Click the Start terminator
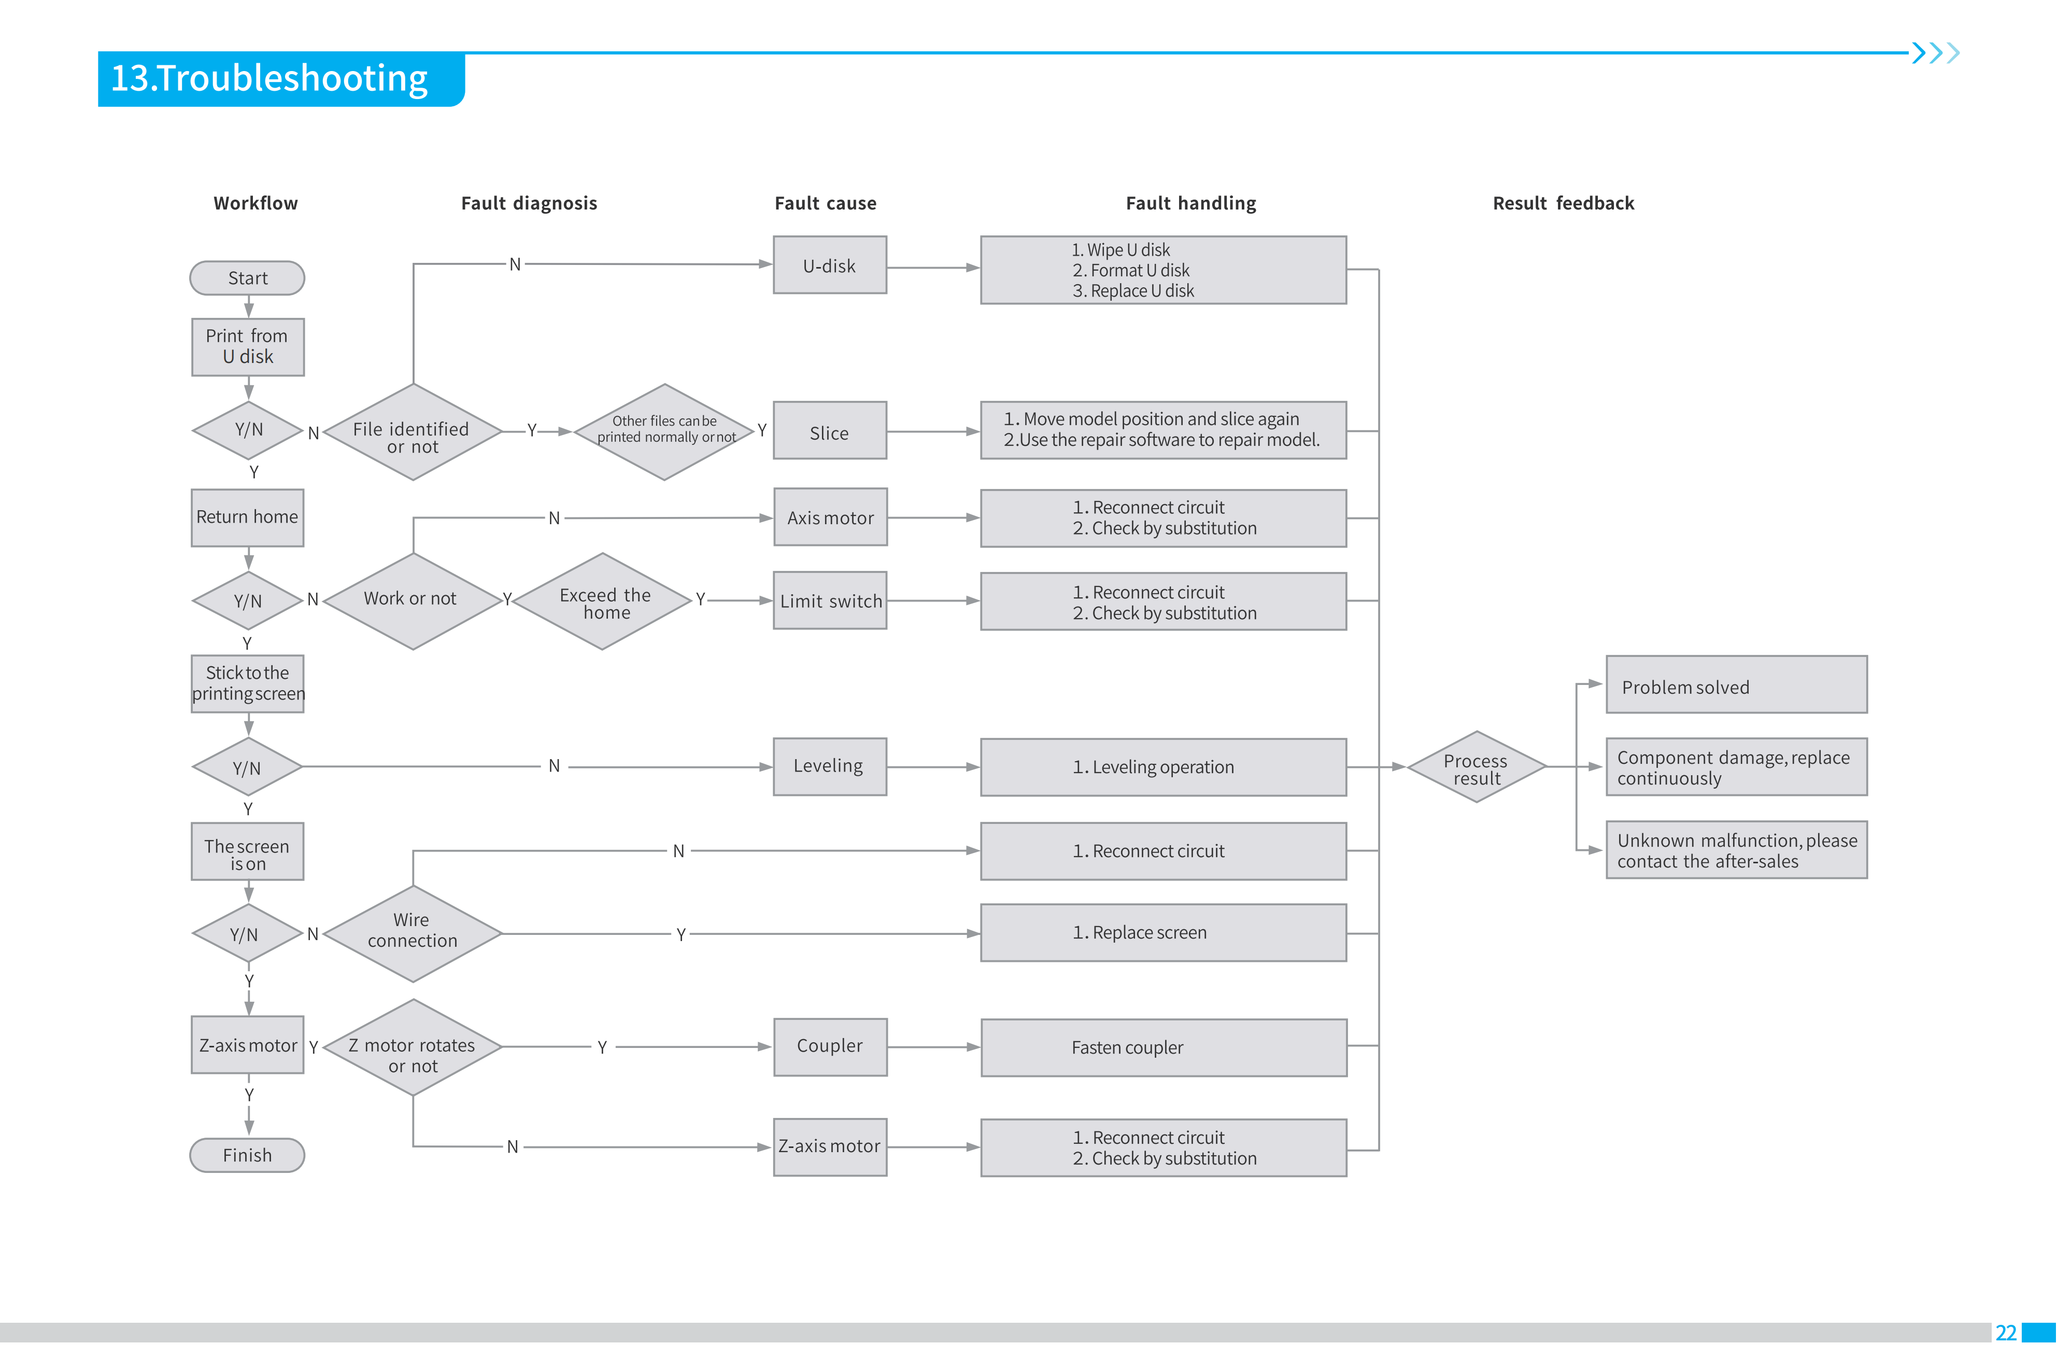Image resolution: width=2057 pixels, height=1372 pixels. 248,278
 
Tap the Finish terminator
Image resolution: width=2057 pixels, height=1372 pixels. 248,1155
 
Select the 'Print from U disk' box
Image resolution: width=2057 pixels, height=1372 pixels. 248,346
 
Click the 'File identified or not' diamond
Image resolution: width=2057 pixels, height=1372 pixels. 412,432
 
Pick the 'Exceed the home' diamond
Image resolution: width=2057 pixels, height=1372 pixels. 603,602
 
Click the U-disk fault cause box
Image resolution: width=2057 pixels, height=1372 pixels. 829,265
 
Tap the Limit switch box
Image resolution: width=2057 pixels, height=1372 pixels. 829,601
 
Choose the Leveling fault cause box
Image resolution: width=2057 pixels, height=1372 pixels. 829,766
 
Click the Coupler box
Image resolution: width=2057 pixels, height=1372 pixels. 829,1046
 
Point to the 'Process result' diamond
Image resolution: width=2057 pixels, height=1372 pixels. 1476,767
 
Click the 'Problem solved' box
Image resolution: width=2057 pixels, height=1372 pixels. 1736,685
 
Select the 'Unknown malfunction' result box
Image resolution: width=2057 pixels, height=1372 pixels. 1736,850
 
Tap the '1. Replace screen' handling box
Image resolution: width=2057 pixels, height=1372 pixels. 1163,933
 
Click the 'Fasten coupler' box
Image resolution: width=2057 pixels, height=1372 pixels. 1163,1047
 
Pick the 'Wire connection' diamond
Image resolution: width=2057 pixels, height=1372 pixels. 412,933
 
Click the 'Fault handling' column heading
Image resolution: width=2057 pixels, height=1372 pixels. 1190,203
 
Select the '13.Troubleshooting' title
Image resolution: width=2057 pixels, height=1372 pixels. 269,79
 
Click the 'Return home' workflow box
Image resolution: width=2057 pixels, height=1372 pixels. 248,517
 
